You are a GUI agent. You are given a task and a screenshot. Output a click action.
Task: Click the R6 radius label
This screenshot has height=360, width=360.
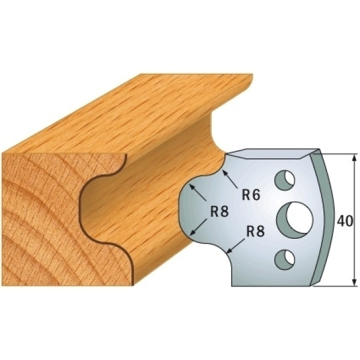pyautogui.click(x=251, y=195)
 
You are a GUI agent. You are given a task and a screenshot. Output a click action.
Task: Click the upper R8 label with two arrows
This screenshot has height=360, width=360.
pyautogui.click(x=220, y=211)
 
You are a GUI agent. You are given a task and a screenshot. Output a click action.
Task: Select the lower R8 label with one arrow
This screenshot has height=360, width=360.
pyautogui.click(x=256, y=232)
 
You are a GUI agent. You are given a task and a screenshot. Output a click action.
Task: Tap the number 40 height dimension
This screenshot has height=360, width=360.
pyautogui.click(x=345, y=221)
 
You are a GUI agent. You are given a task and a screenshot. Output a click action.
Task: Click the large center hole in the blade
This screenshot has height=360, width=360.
pyautogui.click(x=295, y=218)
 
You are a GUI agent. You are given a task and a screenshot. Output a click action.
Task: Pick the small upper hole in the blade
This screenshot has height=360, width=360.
pyautogui.click(x=284, y=180)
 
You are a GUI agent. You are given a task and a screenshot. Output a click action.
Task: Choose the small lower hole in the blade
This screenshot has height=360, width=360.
pyautogui.click(x=284, y=260)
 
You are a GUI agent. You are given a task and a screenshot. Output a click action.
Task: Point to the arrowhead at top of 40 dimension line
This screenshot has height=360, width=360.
pyautogui.click(x=355, y=158)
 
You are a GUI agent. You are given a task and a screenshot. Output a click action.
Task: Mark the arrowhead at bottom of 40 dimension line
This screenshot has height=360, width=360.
pyautogui.click(x=355, y=281)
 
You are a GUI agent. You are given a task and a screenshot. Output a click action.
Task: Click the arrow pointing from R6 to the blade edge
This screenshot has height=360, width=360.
pyautogui.click(x=230, y=178)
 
